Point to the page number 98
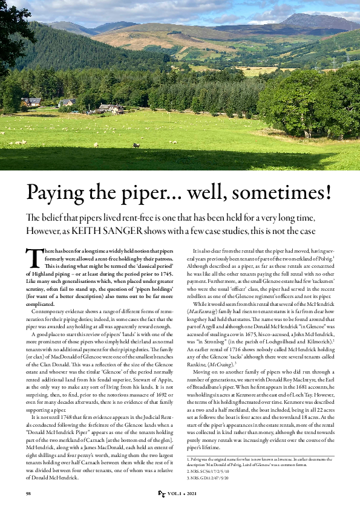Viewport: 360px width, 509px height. (x=28, y=494)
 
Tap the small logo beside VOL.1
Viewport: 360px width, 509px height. (x=162, y=494)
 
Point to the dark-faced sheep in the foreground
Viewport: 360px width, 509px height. (x=136, y=145)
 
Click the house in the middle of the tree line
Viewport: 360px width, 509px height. (x=111, y=108)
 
